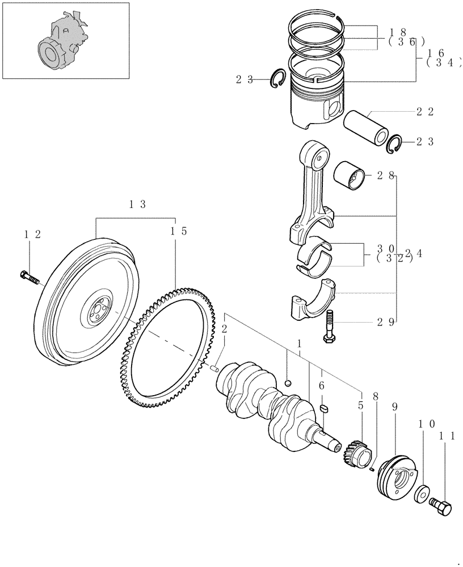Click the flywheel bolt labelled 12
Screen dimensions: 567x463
pos(28,278)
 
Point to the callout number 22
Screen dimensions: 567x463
pos(425,112)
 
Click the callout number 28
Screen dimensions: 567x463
pos(386,176)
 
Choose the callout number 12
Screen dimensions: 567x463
pos(32,234)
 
